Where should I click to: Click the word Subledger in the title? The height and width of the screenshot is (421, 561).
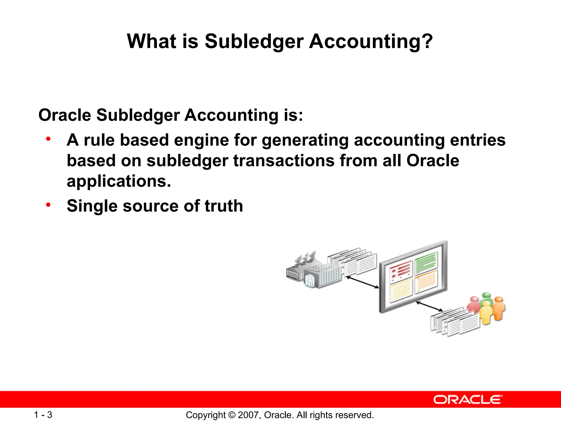pos(254,41)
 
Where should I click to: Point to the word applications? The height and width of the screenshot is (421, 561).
pos(118,181)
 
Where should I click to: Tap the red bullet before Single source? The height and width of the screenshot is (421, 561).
pos(48,204)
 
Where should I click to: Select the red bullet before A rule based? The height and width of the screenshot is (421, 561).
pos(48,139)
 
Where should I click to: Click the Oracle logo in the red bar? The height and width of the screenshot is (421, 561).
pos(468,400)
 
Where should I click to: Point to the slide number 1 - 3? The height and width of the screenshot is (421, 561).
pos(43,415)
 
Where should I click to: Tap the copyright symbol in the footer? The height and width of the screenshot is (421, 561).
pos(232,415)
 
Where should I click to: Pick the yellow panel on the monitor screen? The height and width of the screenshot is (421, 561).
pos(400,291)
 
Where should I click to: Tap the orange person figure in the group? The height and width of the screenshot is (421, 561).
pos(499,308)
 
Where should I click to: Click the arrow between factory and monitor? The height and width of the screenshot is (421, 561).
pos(362,282)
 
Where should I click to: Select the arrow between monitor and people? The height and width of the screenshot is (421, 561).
pos(429,306)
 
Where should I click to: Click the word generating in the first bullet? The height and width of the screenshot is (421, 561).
pos(305,140)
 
